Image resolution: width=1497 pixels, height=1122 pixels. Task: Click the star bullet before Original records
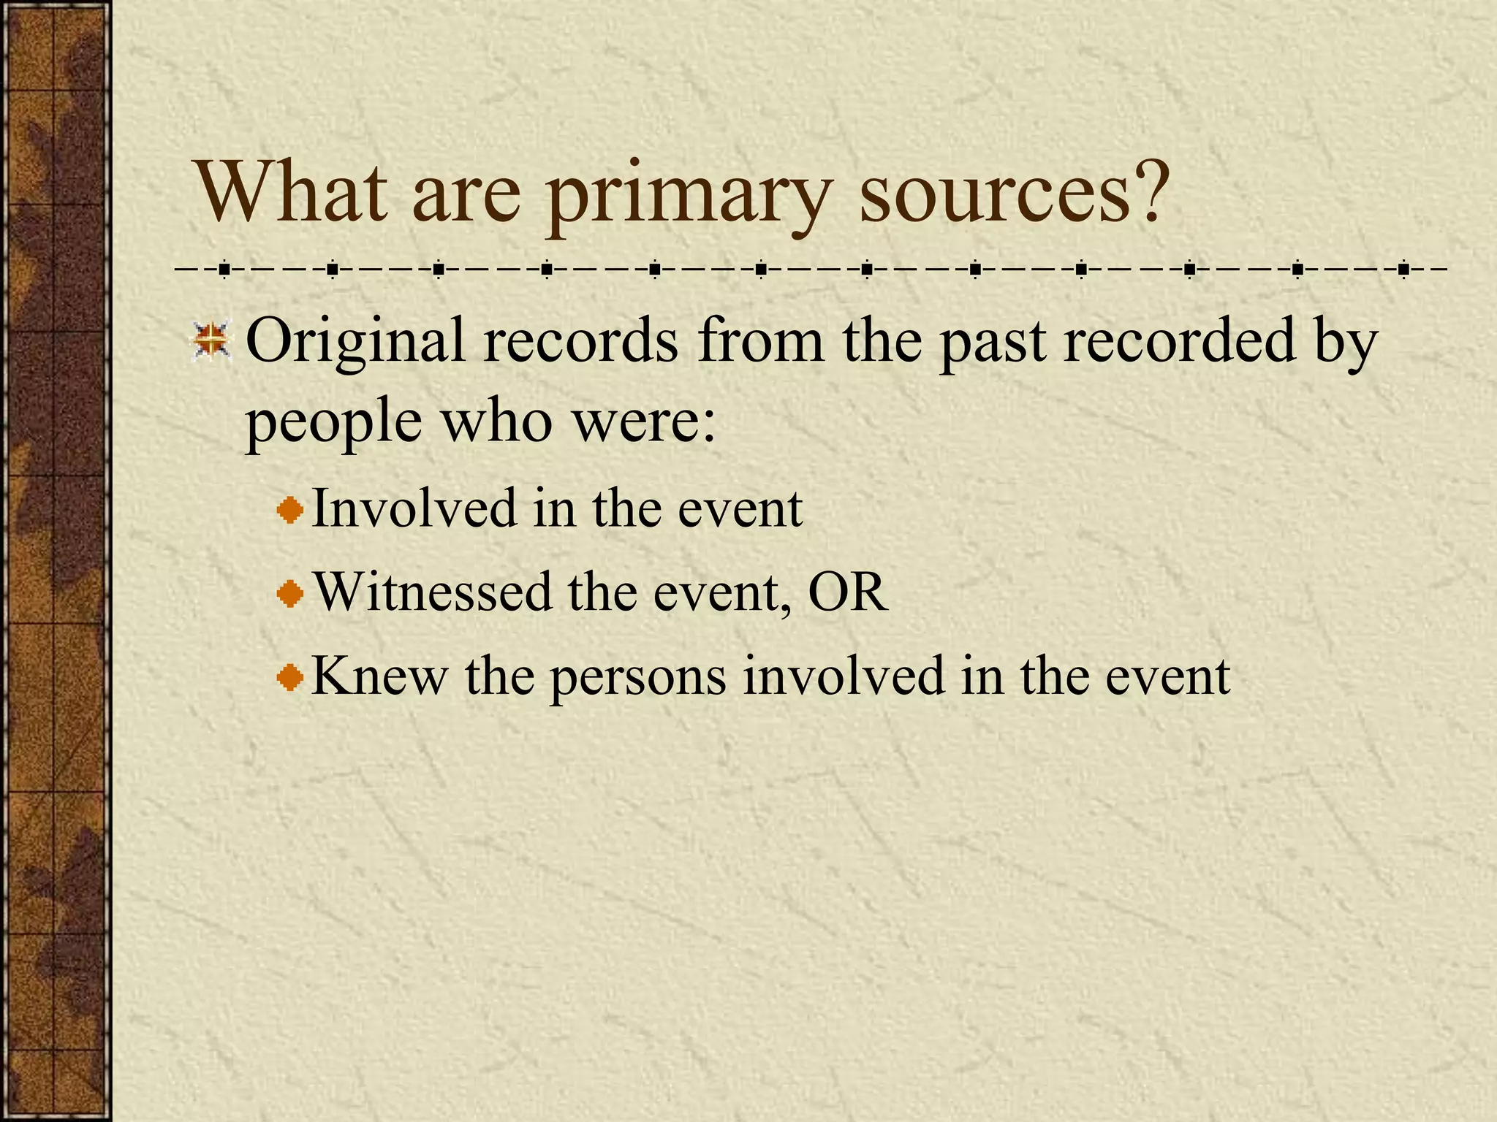pyautogui.click(x=212, y=341)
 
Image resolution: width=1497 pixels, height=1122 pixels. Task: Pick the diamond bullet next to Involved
pyautogui.click(x=290, y=510)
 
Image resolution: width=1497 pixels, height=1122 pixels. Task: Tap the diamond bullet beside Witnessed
pyautogui.click(x=290, y=593)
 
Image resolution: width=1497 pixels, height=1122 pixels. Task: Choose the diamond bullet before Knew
pyautogui.click(x=290, y=677)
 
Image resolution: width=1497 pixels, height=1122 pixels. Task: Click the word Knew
pyautogui.click(x=379, y=675)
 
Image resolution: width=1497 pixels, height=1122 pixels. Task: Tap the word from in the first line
pyautogui.click(x=759, y=340)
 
